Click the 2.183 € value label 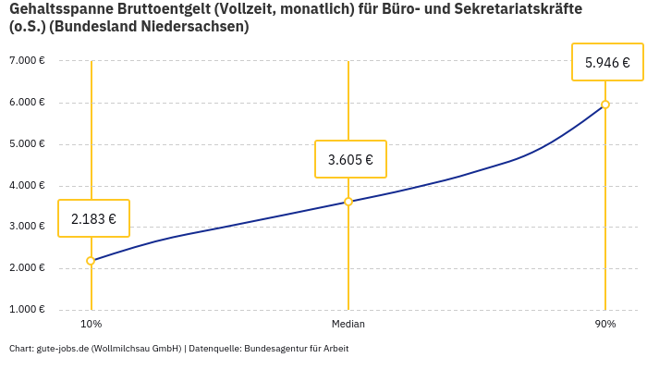(93, 219)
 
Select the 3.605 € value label (350, 160)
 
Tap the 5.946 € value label (607, 63)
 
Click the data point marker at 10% (91, 261)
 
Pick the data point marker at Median (348, 202)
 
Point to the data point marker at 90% (605, 105)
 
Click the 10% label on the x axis (91, 324)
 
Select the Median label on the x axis (348, 324)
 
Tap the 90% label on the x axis (605, 324)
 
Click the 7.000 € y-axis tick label (27, 61)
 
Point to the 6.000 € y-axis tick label (27, 103)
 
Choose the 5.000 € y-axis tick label (27, 144)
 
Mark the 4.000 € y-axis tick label (27, 186)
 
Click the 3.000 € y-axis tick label (27, 227)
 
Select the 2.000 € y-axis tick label (27, 268)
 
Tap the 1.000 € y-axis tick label (27, 310)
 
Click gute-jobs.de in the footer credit (62, 349)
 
